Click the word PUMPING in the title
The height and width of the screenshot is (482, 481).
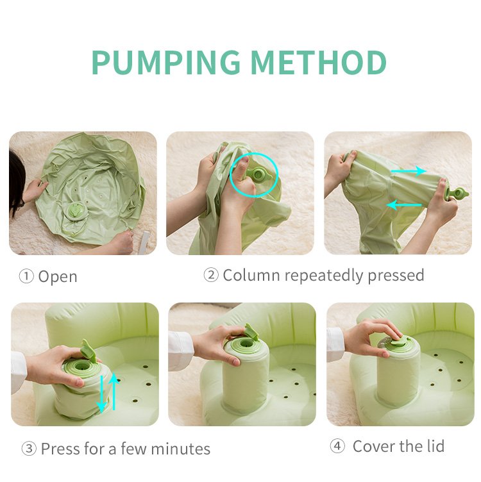coord(165,62)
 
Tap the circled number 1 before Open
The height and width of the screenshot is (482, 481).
coord(26,277)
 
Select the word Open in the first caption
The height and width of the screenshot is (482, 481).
coord(58,277)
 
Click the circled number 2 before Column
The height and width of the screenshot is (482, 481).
coord(211,276)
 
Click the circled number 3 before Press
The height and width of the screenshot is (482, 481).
coord(28,449)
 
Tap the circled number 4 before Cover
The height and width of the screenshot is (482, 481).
coord(337,446)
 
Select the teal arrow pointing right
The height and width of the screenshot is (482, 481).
coord(409,171)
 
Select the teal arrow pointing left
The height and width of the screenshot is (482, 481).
coord(404,205)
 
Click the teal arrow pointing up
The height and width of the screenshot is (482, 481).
coord(114,391)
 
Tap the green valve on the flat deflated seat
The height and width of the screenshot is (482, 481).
coord(76,211)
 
